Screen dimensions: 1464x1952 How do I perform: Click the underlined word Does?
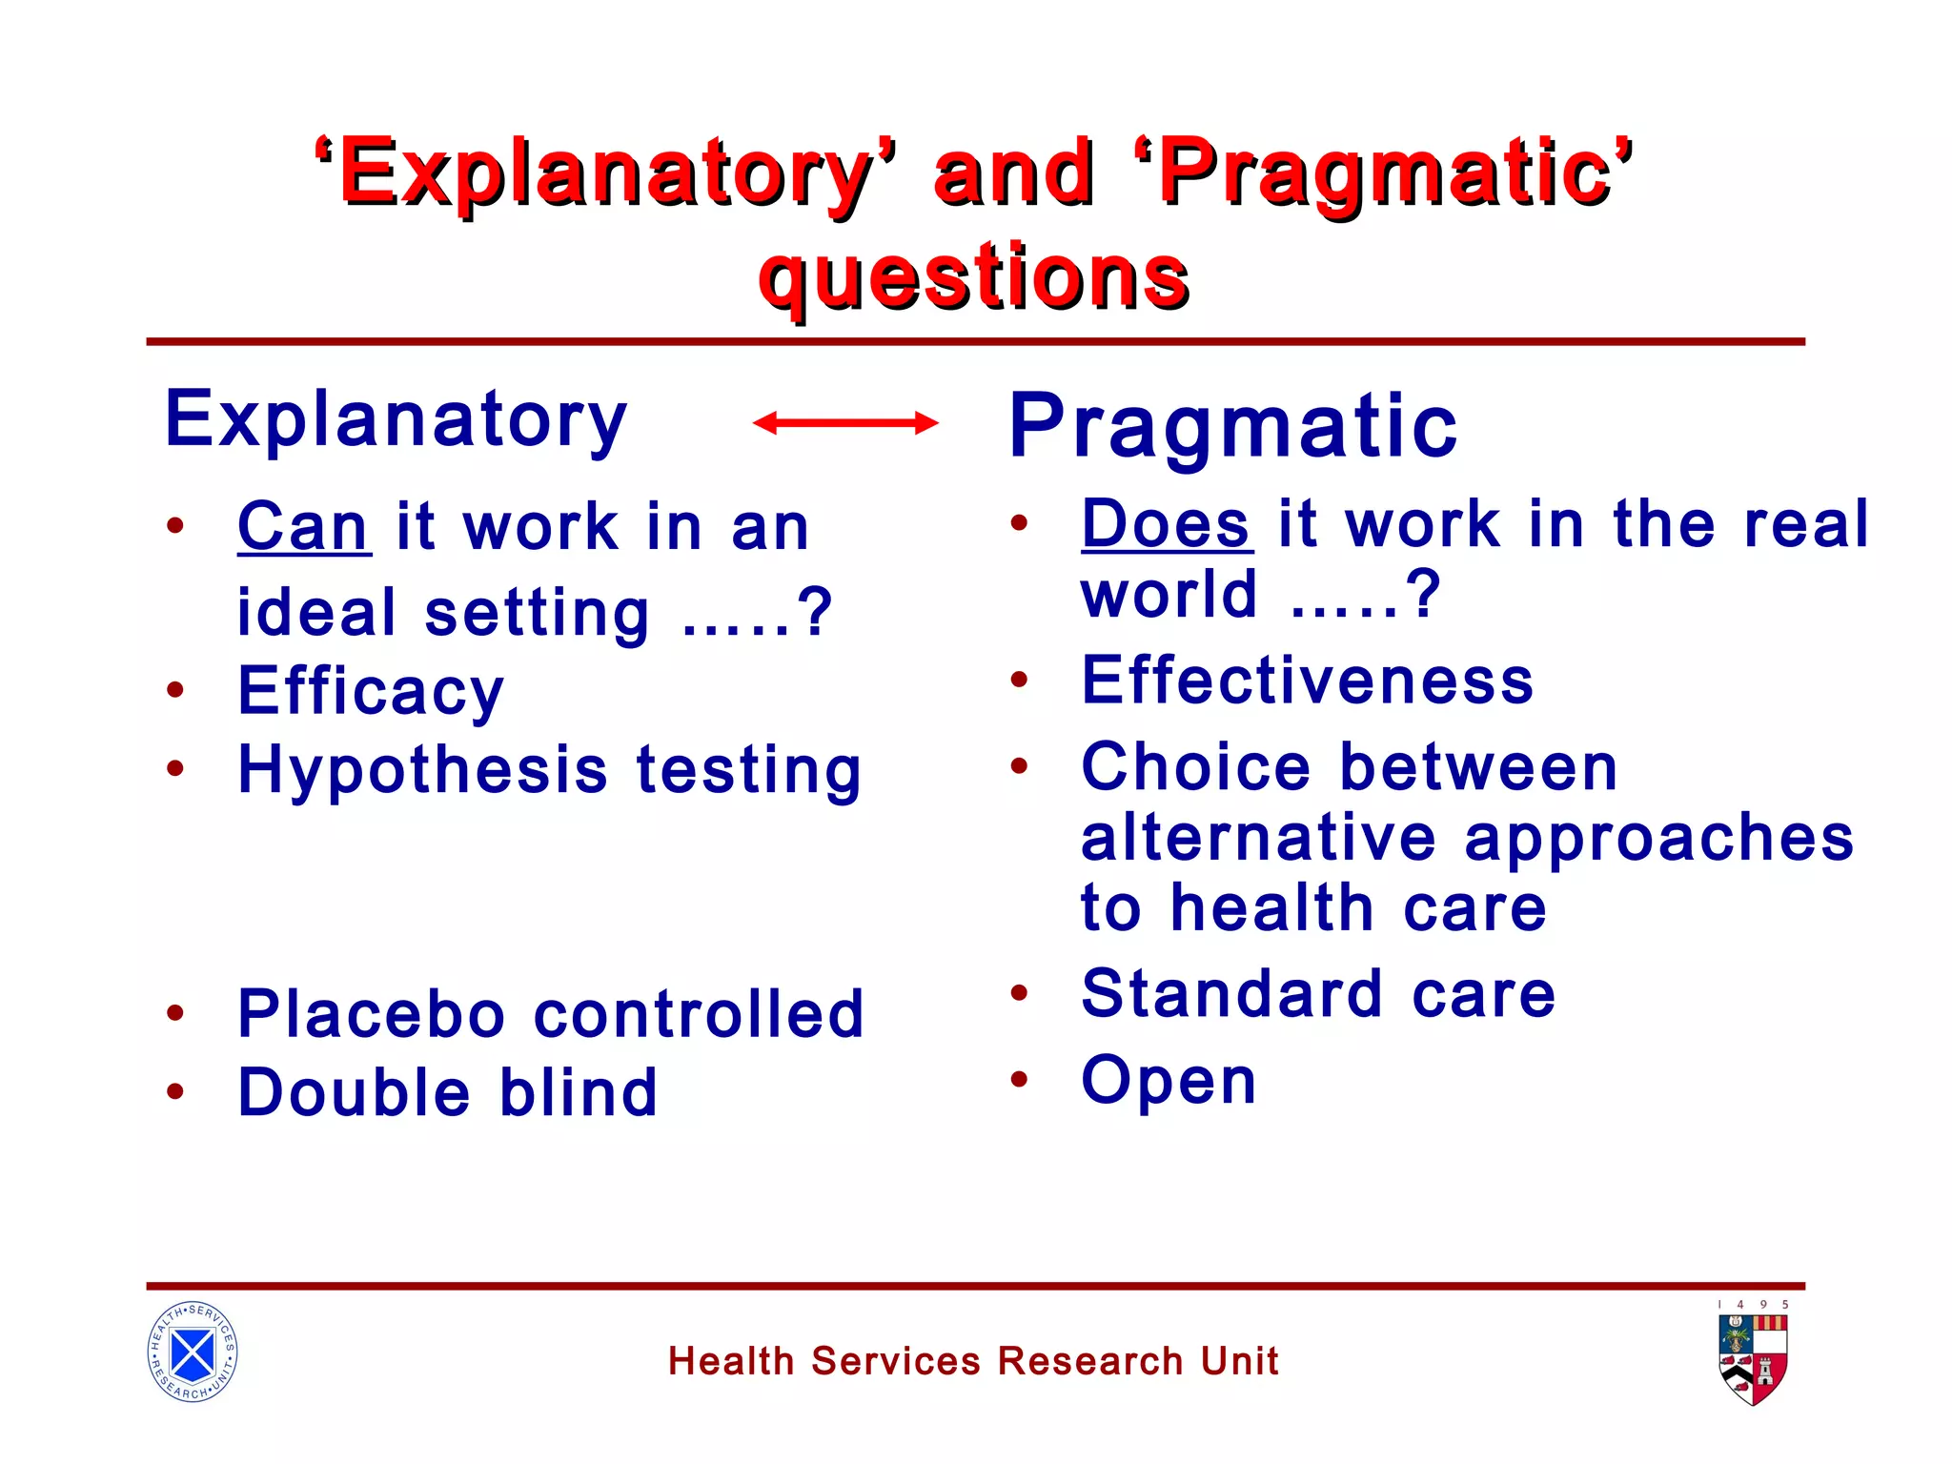pos(1166,524)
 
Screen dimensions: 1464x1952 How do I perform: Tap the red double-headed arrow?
pos(845,422)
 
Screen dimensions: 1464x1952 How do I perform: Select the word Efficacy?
pos(371,692)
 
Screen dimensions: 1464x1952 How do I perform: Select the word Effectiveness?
pos(1308,681)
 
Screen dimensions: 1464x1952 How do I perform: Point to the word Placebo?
pos(371,1013)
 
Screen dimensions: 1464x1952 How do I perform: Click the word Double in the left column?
pos(354,1092)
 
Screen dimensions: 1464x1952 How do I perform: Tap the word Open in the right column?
pos(1169,1082)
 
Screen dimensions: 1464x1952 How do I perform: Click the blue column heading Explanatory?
pos(396,419)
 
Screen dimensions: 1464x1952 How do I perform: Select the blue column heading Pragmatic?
pos(1232,426)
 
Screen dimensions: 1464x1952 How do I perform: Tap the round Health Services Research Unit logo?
pos(193,1352)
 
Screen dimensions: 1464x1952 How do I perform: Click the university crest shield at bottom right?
pos(1753,1359)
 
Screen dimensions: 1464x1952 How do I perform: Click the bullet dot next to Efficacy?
pos(175,689)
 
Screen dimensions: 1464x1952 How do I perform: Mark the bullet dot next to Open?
pos(1019,1079)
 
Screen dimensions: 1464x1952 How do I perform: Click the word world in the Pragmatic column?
pos(1169,595)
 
